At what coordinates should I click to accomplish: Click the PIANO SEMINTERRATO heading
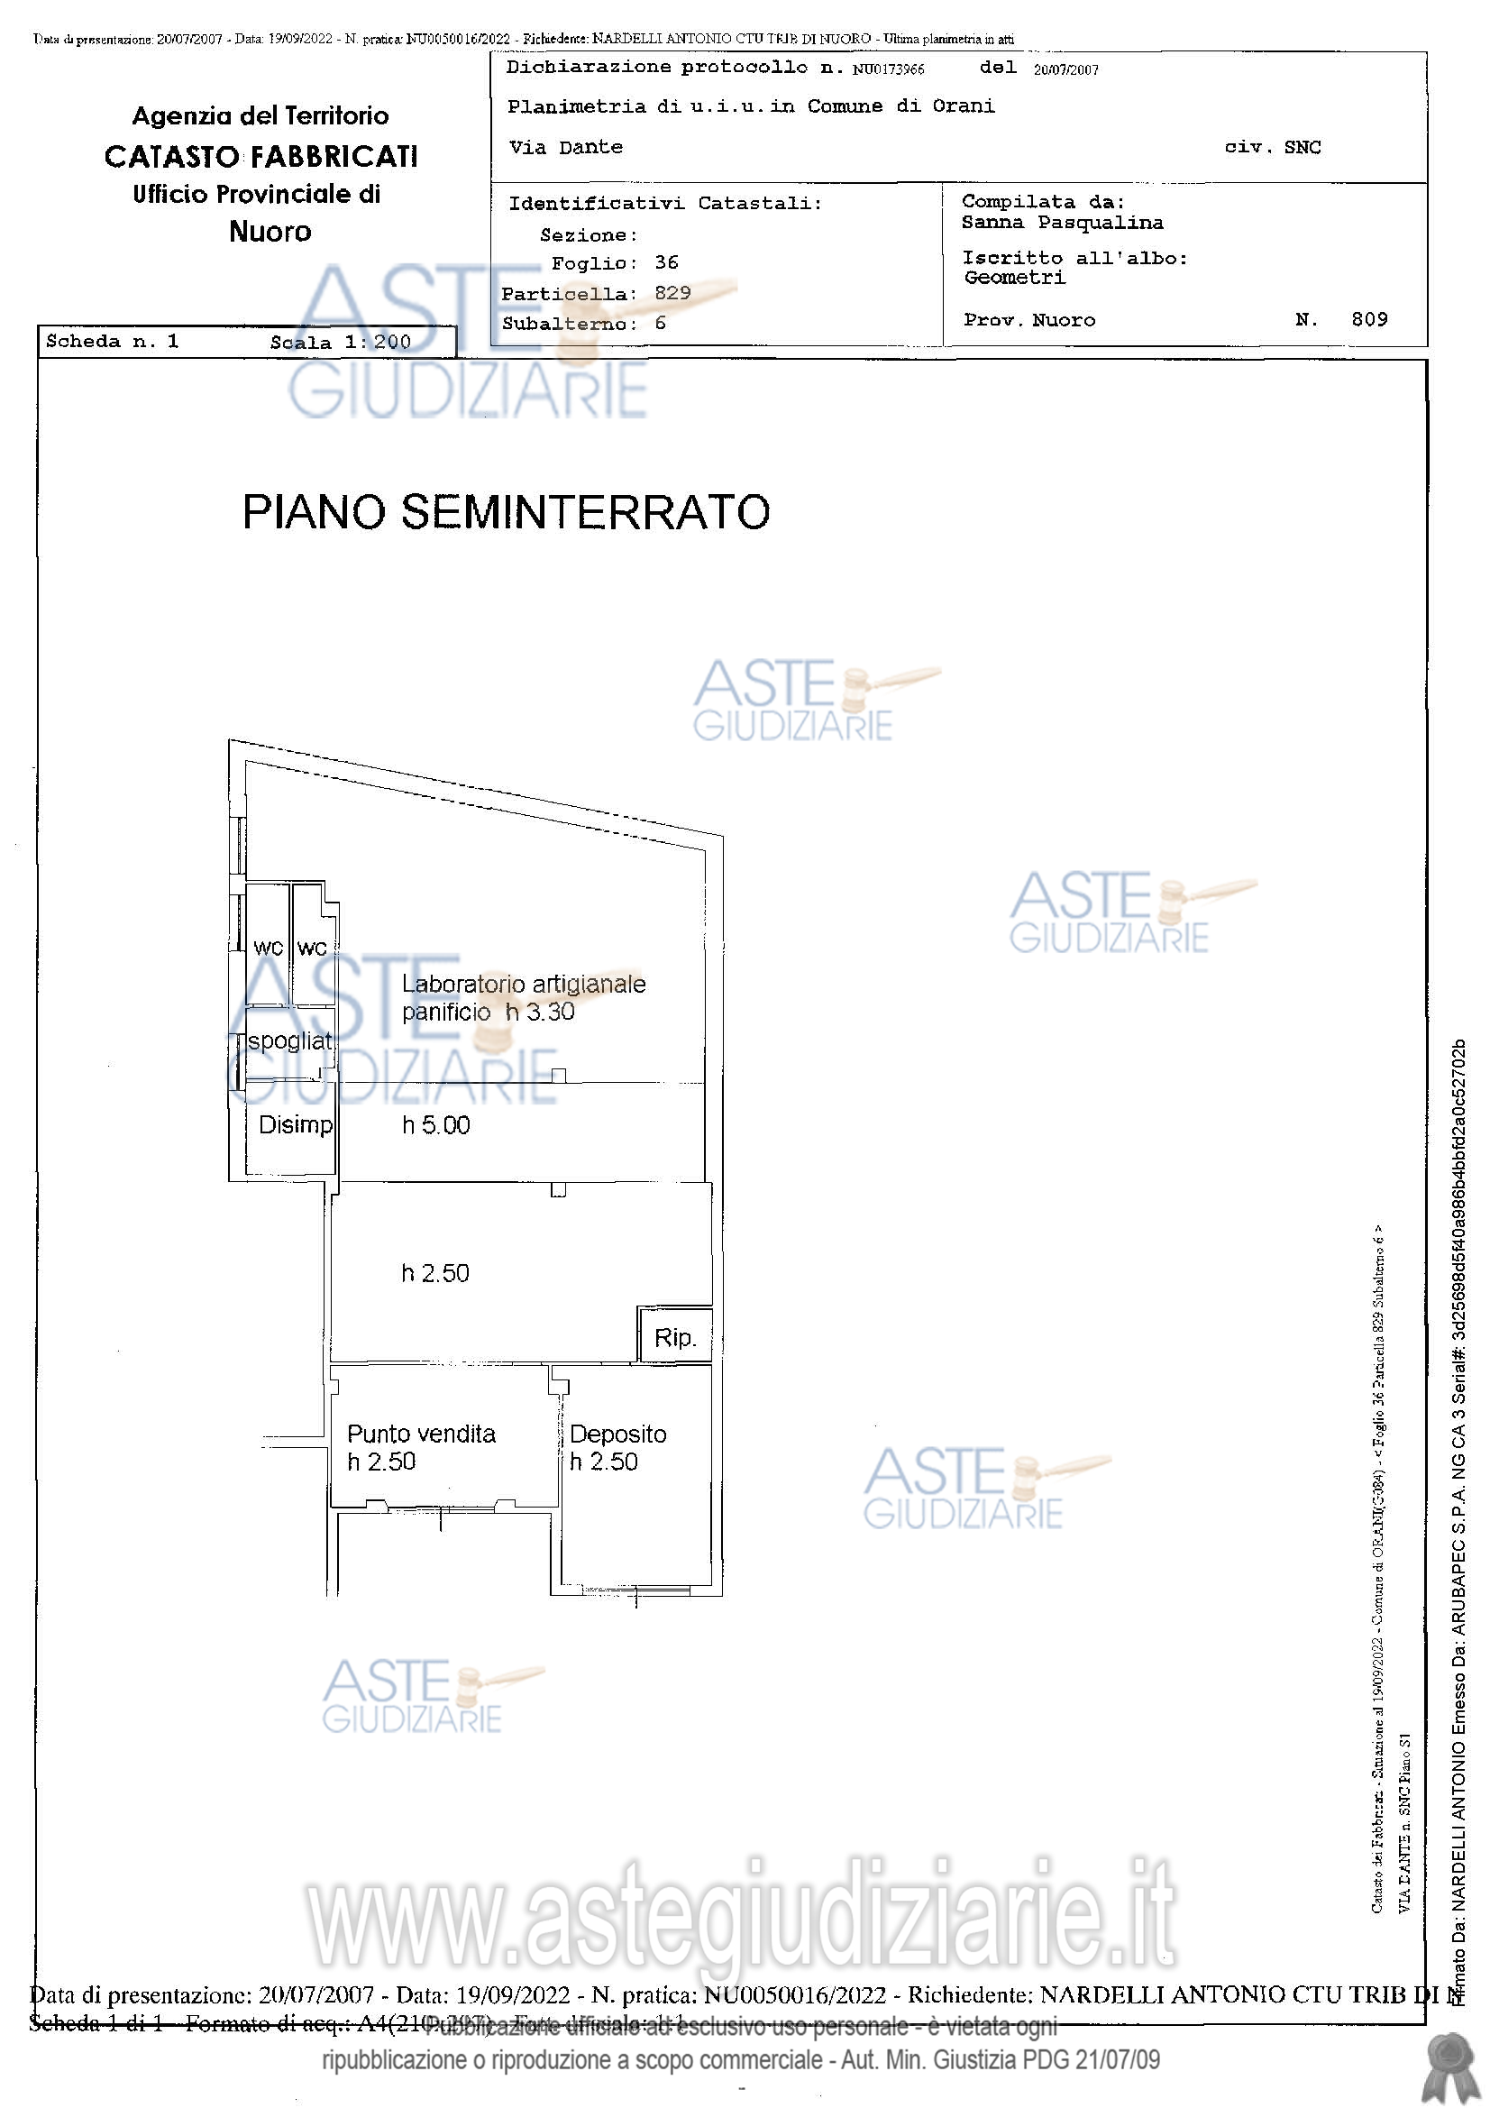click(x=506, y=512)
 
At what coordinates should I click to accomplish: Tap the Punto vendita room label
click(x=420, y=1434)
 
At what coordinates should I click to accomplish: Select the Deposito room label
click(x=617, y=1434)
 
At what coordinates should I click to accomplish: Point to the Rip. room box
click(x=675, y=1338)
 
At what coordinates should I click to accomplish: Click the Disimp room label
click(x=295, y=1124)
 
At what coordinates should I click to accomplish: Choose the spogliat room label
click(x=289, y=1041)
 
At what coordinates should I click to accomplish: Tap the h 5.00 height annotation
click(x=436, y=1125)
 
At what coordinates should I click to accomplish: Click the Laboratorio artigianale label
click(x=524, y=985)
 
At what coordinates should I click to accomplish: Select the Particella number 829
click(x=673, y=293)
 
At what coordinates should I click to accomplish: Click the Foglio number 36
click(x=666, y=262)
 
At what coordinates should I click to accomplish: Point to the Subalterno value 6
click(x=660, y=323)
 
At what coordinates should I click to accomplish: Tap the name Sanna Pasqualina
click(x=1062, y=223)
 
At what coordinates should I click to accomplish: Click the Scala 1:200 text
click(x=340, y=343)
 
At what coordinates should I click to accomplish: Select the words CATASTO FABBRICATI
click(x=261, y=157)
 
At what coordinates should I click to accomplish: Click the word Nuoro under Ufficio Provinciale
click(x=270, y=232)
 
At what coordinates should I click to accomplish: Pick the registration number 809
click(x=1369, y=319)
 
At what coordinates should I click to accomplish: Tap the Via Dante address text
click(x=565, y=147)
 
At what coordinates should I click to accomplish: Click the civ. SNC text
click(x=1273, y=147)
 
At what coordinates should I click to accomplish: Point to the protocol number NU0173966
click(x=888, y=69)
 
